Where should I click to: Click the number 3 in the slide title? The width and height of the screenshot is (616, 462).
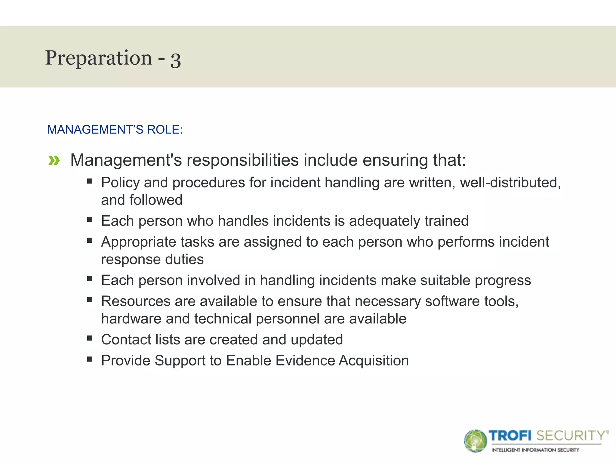[x=176, y=60]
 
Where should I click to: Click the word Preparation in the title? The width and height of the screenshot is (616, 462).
[x=99, y=58]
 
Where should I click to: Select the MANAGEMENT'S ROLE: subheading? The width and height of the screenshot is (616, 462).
[x=115, y=130]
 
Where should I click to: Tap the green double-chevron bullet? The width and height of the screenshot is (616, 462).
[x=54, y=161]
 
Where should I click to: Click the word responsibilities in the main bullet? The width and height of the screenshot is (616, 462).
[x=242, y=160]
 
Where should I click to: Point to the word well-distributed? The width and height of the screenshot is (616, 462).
[x=510, y=183]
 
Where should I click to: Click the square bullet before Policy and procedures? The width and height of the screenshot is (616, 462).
[x=90, y=181]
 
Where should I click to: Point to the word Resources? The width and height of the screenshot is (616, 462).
[x=136, y=301]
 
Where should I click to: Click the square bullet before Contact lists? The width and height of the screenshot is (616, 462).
[x=90, y=338]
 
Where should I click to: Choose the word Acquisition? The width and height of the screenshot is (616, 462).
[x=374, y=361]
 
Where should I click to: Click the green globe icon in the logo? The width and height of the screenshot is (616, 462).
[x=475, y=441]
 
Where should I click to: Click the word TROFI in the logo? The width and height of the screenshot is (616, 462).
[x=510, y=436]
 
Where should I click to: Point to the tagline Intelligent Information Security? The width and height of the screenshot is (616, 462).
[x=535, y=450]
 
